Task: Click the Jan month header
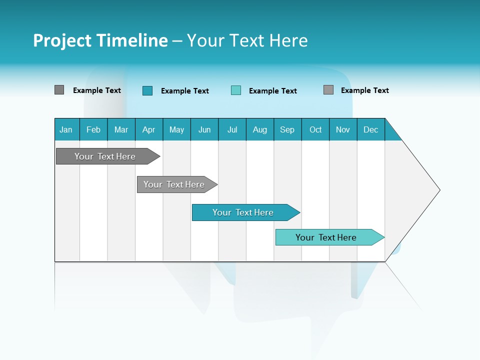point(66,129)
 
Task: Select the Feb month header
point(93,129)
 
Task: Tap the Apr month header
point(149,129)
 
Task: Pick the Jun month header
point(204,129)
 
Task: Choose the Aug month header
point(260,129)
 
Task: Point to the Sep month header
point(287,129)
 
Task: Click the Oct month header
point(315,129)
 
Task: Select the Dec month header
point(371,129)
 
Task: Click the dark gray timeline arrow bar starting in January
point(105,156)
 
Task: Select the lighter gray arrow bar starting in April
point(174,184)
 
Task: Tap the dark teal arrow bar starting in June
point(243,212)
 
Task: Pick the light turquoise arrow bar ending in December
point(326,237)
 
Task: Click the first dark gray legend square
point(59,90)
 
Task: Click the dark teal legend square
point(147,90)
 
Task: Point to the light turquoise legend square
point(236,90)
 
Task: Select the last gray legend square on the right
point(328,90)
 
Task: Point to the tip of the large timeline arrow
point(438,190)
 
